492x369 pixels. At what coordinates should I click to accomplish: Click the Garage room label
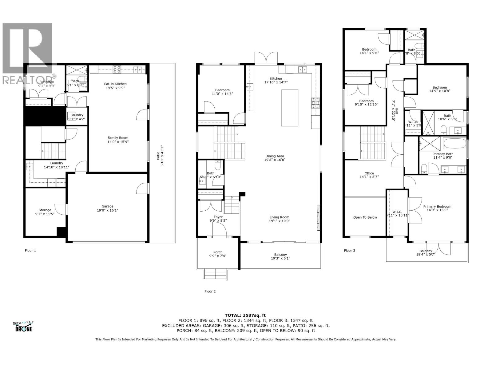tap(108, 206)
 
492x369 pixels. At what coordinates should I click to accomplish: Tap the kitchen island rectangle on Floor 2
tap(290, 108)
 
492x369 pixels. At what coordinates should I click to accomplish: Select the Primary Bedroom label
tap(437, 207)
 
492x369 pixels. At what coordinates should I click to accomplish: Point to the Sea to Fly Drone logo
tap(23, 326)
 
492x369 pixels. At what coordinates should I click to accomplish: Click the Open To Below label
tap(365, 217)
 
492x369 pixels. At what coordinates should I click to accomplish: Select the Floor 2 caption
tap(210, 291)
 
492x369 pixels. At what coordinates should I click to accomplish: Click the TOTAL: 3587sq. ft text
tap(245, 315)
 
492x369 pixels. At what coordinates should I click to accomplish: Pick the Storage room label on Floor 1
tap(45, 210)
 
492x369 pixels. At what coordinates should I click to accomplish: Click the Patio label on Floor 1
tap(158, 156)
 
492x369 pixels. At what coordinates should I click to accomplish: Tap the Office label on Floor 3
tap(369, 173)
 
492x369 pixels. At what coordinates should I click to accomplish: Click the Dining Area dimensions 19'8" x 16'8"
tap(275, 160)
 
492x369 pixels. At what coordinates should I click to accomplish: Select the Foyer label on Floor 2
tap(218, 217)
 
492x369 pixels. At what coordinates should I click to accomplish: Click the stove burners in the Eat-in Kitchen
tap(117, 69)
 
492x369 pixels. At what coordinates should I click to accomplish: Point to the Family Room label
tap(118, 138)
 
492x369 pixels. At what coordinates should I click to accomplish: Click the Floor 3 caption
tap(349, 251)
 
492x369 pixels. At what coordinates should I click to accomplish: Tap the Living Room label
tap(279, 217)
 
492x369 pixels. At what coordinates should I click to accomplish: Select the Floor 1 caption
tap(30, 251)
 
